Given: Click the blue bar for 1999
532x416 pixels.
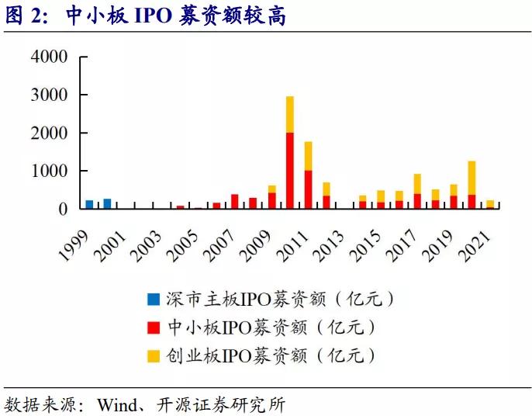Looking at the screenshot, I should (x=89, y=204).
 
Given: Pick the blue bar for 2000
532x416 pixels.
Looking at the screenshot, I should (x=107, y=203).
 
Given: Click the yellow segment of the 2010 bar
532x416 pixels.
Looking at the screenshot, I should (x=290, y=114).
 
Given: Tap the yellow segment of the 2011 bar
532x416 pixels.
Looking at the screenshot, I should (x=308, y=156).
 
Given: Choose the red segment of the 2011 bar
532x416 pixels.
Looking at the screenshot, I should (x=308, y=189).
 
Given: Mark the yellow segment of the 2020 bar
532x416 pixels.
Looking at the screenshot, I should (x=472, y=178).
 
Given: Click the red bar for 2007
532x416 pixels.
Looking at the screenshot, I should (x=235, y=201).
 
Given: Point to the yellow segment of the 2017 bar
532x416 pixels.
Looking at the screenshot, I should (x=417, y=184).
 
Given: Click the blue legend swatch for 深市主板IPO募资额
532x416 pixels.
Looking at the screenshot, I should (x=154, y=299).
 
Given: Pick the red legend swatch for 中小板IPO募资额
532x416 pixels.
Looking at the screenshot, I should (x=154, y=328).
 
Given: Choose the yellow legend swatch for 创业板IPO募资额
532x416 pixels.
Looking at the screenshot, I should (x=154, y=356).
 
